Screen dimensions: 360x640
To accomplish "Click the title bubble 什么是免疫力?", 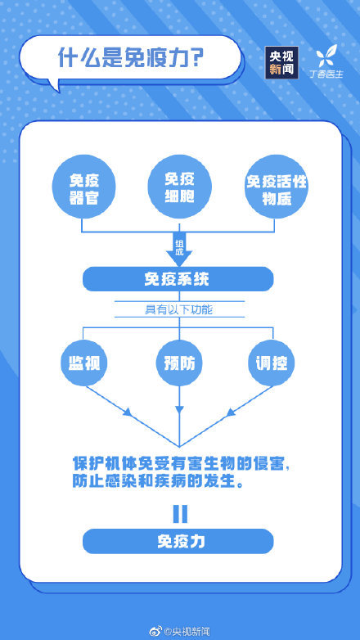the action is [x=130, y=58].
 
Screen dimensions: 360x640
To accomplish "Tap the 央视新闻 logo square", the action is [x=281, y=62].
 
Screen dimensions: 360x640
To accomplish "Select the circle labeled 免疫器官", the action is [x=84, y=187].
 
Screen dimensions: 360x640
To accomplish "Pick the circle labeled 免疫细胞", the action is [x=180, y=187].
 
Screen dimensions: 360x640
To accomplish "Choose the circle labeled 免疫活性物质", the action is [x=276, y=187].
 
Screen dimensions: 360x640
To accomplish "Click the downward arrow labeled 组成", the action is [x=179, y=250].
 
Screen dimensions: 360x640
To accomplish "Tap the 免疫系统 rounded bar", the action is [x=178, y=279].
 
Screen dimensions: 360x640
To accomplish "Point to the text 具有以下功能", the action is [x=179, y=310].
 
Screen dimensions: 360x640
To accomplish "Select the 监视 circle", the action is [x=84, y=363].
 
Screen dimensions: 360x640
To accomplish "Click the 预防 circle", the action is [x=180, y=363].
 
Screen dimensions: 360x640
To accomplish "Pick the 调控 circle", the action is [x=272, y=363].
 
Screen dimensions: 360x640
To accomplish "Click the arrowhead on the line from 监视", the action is [x=128, y=412].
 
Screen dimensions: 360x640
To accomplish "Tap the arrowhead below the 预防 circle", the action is [x=180, y=409].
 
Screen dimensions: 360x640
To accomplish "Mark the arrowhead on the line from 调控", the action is [x=231, y=412].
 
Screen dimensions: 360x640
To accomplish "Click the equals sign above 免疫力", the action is [x=180, y=514].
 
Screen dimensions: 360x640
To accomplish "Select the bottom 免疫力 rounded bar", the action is [x=178, y=541].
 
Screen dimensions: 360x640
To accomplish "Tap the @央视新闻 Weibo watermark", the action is [x=180, y=632].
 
